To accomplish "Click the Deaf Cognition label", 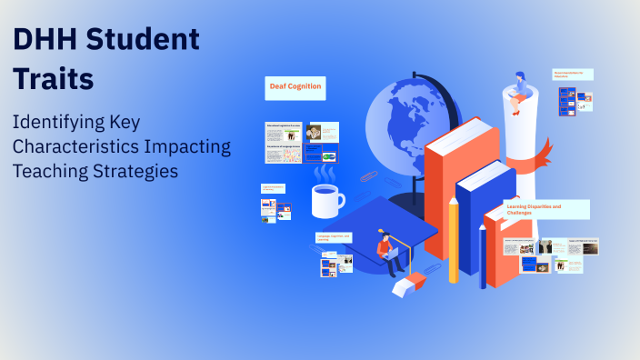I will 295,87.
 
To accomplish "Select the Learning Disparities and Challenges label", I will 546,210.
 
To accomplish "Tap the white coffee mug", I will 326,200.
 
